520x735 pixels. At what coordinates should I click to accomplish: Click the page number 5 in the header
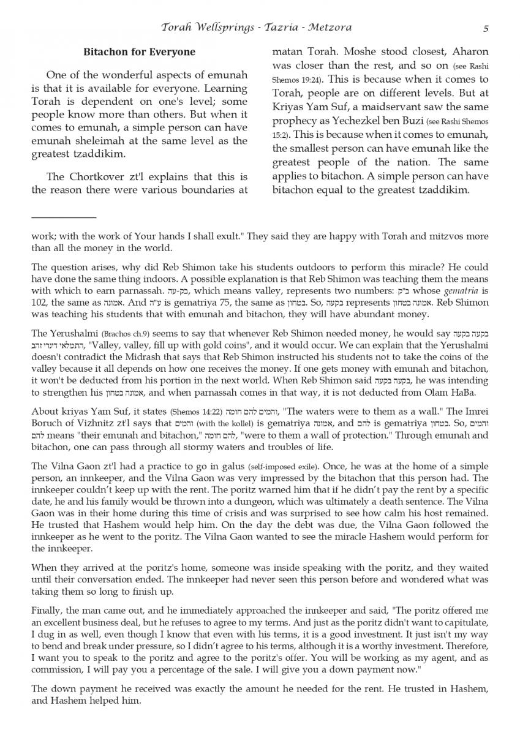click(x=485, y=28)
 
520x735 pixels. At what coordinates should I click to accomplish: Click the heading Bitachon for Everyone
click(x=139, y=52)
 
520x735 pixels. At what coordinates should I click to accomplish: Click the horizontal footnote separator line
click(x=64, y=217)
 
